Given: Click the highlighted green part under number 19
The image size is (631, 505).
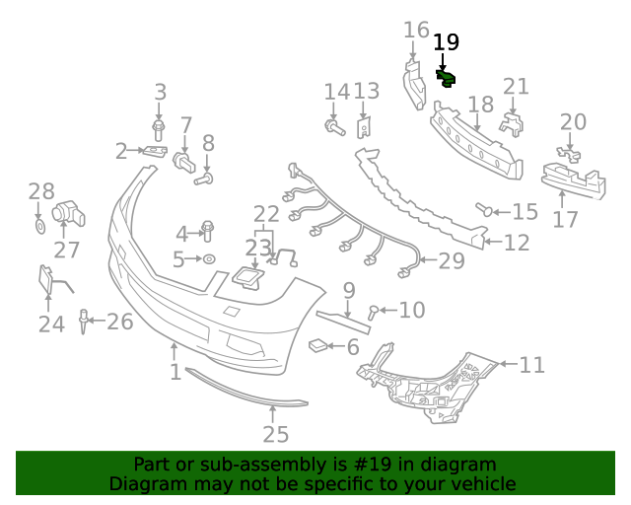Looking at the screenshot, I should coord(446,77).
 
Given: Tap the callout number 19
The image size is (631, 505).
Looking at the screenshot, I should coord(446,41).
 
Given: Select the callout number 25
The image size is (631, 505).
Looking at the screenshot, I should coord(276,434).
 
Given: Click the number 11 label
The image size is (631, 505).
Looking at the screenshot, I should coord(531,366).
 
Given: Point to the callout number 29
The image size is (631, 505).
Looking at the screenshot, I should coord(451,261).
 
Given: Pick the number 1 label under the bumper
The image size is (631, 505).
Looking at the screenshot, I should coord(175,372).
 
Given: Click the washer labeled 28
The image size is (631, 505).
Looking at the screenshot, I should coord(39,227).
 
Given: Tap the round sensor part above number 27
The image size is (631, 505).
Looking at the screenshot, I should coord(66,210).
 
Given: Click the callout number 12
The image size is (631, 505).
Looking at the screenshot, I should coord(517,242).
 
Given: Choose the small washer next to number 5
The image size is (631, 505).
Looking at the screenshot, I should coord(209,259).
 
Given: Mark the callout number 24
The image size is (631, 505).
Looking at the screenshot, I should coord(51,324).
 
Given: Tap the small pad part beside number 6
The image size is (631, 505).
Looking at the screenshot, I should coord(318,344).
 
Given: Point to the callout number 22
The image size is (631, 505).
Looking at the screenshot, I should coord(266,214).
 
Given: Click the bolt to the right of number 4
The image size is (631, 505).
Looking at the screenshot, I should coord(208,231).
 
